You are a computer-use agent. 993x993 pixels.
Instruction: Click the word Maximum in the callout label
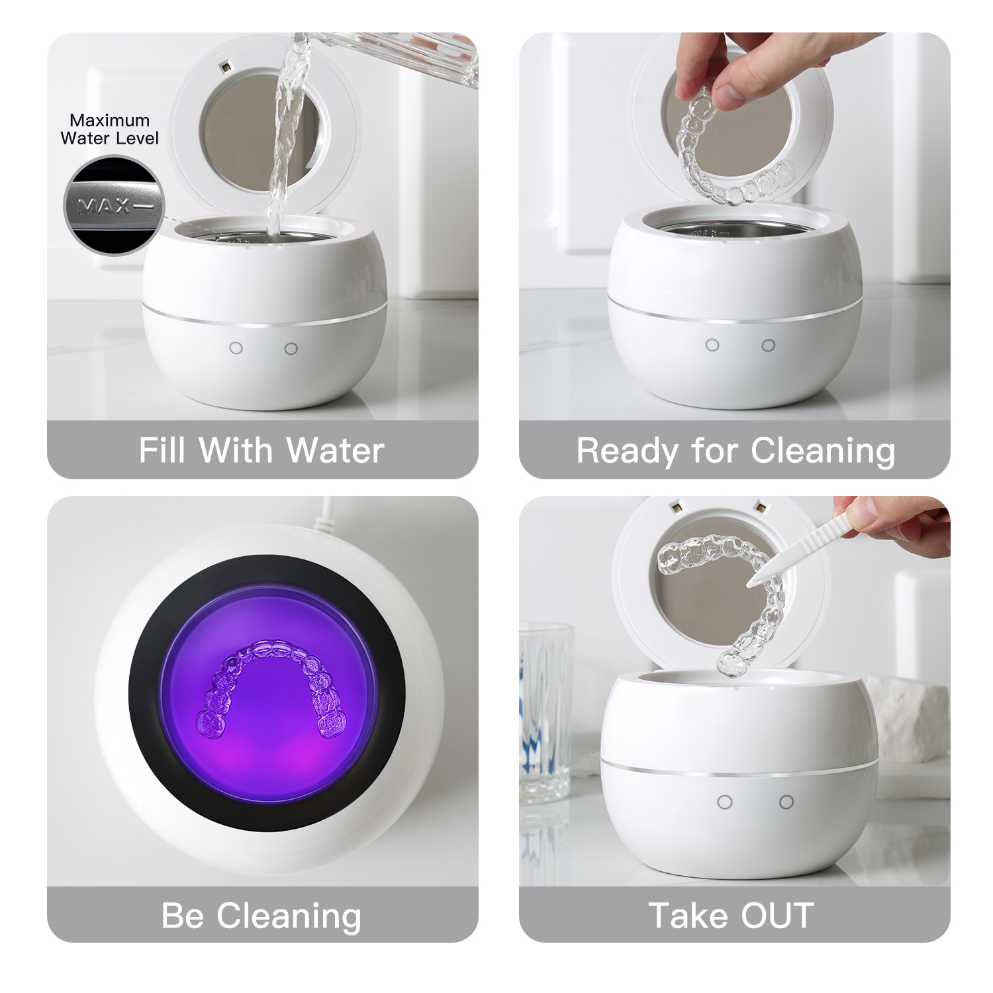[109, 120]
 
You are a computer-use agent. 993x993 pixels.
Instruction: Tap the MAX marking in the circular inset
[104, 207]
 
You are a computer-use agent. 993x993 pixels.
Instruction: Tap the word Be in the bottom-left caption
[182, 916]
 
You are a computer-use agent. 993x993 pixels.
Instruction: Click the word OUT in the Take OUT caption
[777, 916]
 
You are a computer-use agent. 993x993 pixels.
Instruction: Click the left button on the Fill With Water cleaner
[236, 348]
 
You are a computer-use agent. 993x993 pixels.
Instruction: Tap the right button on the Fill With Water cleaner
[291, 348]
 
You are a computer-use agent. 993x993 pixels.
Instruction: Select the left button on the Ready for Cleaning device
[712, 345]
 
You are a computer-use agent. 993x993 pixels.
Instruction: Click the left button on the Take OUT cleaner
[725, 802]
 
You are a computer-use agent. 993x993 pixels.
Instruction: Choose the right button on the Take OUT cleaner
[786, 802]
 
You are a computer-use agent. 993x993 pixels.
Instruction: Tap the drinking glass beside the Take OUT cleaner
[545, 712]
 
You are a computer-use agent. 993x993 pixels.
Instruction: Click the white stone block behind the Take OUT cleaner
[910, 718]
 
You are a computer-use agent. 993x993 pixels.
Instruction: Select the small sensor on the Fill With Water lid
[226, 68]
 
